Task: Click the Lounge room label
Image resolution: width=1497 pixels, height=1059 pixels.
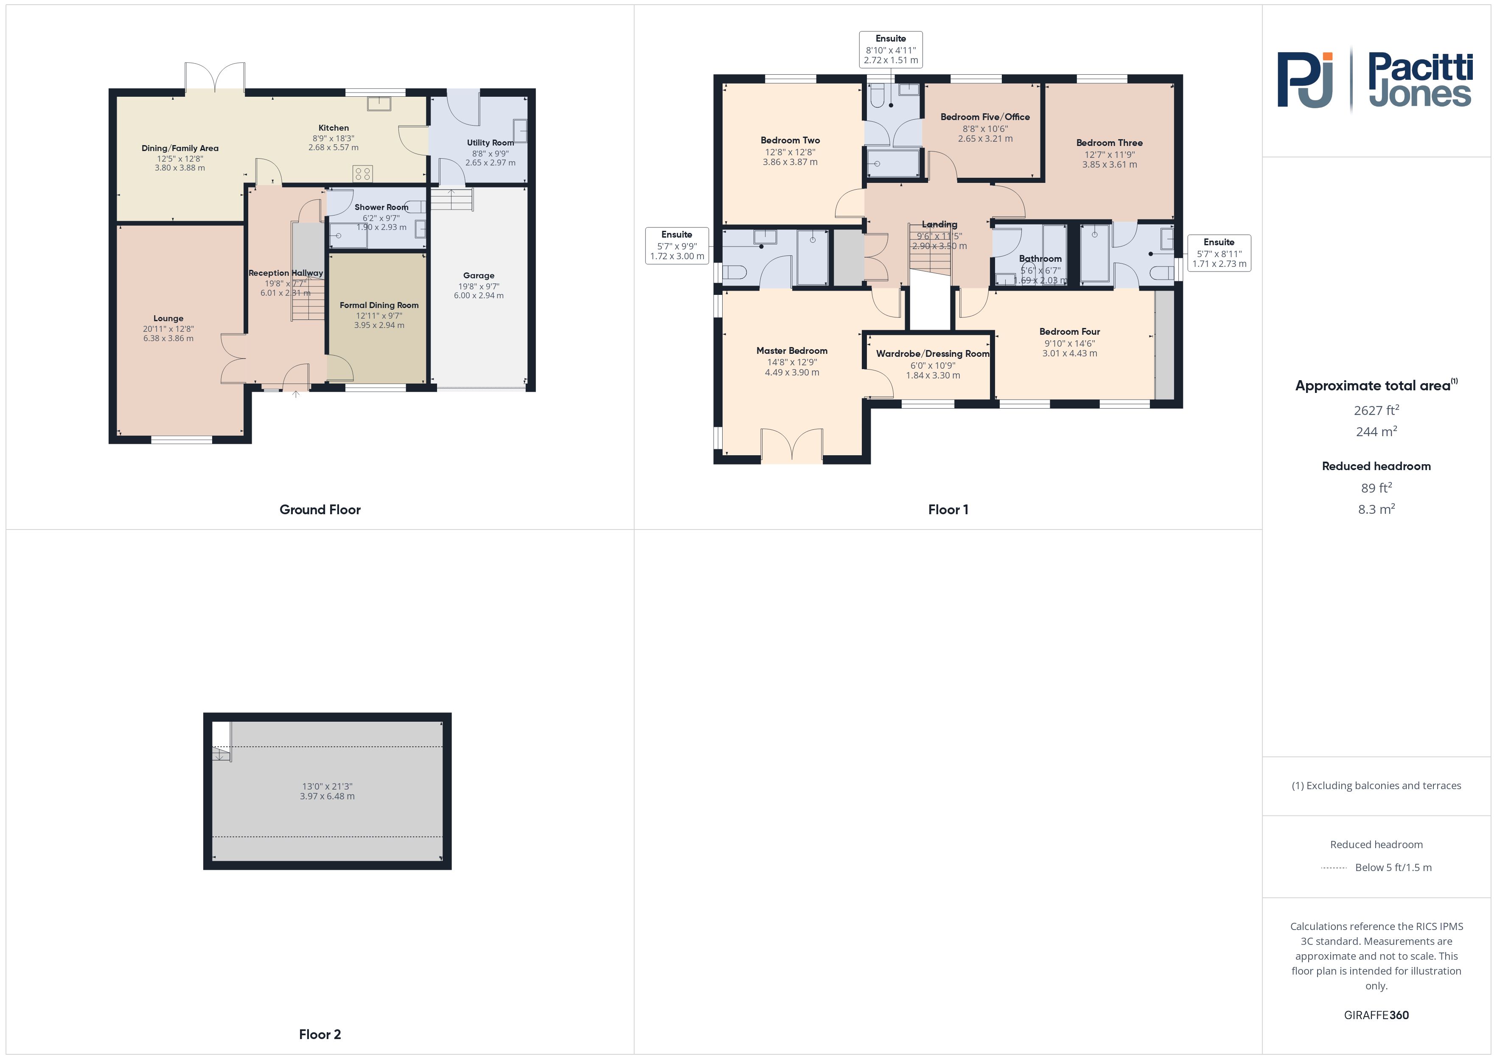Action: pyautogui.click(x=168, y=318)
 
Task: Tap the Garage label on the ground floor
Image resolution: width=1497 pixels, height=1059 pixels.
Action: pyautogui.click(x=479, y=275)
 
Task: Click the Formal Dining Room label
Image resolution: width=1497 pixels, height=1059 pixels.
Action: pyautogui.click(x=379, y=305)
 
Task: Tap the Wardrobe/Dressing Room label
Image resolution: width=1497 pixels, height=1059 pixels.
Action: pyautogui.click(x=932, y=353)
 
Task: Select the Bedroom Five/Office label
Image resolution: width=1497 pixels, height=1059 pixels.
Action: pyautogui.click(x=984, y=117)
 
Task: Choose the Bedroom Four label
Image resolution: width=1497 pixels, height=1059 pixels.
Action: pyautogui.click(x=1069, y=331)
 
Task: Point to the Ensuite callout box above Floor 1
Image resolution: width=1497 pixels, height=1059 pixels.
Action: pyautogui.click(x=891, y=49)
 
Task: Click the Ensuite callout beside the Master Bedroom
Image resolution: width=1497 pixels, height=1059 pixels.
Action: pyautogui.click(x=677, y=245)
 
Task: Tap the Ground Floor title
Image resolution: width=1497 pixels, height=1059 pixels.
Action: pyautogui.click(x=320, y=509)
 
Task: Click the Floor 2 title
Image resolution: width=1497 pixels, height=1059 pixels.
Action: pyautogui.click(x=320, y=1034)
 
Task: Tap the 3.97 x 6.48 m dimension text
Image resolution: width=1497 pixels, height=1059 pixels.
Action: pyautogui.click(x=327, y=796)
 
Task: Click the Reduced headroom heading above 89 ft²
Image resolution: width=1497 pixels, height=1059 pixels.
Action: pyautogui.click(x=1376, y=465)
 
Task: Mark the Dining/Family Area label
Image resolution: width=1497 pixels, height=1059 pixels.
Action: pyautogui.click(x=180, y=148)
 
